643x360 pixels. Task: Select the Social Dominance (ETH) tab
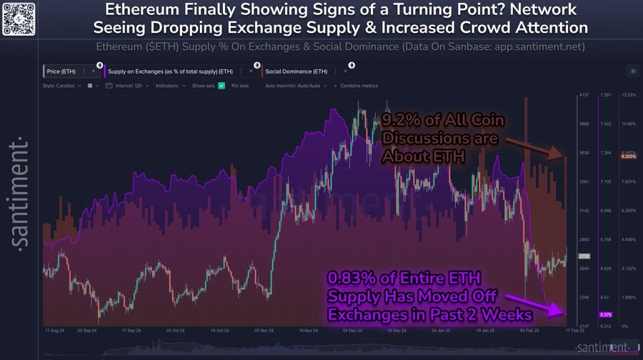coord(296,71)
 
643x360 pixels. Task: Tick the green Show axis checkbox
coord(222,86)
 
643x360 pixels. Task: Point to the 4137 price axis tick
coord(584,95)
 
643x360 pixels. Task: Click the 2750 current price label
coord(584,256)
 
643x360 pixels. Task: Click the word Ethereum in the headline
coord(140,11)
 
